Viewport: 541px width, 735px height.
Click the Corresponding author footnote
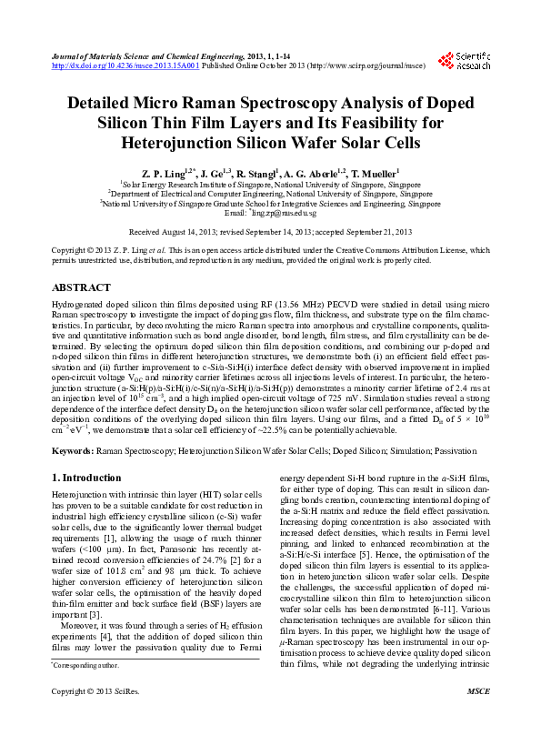81,692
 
